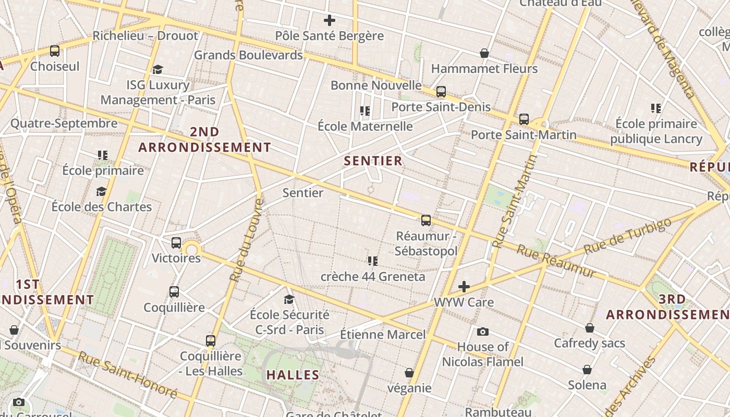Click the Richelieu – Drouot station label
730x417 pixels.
pos(145,36)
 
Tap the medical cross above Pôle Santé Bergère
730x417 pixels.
pos(329,21)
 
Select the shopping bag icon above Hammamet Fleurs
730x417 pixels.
pos(484,53)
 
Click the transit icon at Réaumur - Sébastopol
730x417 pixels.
pos(426,220)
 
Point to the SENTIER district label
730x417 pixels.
pos(373,161)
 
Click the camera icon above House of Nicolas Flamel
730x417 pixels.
pos(483,332)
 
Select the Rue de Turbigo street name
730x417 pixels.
pos(628,236)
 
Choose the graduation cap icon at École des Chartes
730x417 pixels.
pos(101,192)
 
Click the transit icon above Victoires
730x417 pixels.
pos(176,243)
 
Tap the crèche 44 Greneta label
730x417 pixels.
pos(373,276)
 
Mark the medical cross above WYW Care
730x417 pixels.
pos(464,287)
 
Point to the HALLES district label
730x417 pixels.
pos(293,375)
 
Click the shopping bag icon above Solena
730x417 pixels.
pos(587,370)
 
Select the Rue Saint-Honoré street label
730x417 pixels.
pos(128,375)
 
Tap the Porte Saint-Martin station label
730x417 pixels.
pos(524,135)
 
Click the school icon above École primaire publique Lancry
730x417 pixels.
pos(656,108)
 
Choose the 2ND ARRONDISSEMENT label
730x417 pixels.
pos(205,140)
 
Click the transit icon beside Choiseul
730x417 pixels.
pos(55,51)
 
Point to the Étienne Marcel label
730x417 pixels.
pos(383,335)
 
